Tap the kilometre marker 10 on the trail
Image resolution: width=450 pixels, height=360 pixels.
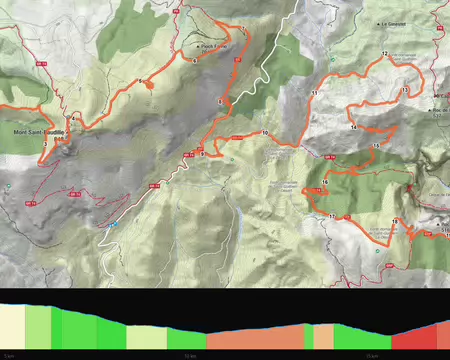[x=265, y=133]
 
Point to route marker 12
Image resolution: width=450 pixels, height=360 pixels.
[x=384, y=52]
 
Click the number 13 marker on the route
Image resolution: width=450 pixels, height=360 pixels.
[x=403, y=91]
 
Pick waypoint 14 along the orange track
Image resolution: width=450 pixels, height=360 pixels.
[x=354, y=129]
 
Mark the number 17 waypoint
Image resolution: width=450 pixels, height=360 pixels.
[x=331, y=216]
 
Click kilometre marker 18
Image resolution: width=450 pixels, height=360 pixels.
[x=395, y=220]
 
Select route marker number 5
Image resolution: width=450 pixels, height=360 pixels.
[x=140, y=81]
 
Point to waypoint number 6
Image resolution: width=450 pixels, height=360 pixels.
[x=193, y=61]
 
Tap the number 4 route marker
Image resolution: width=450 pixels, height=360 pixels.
[x=73, y=117]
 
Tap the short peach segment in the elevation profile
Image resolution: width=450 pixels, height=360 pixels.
[x=324, y=337]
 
